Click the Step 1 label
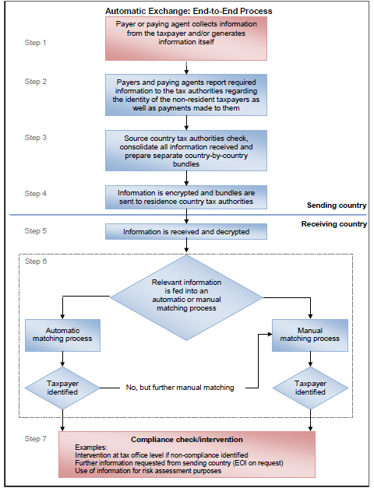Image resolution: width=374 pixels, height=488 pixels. [35, 43]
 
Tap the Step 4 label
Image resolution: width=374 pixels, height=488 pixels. [36, 194]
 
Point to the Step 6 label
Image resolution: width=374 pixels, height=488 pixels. [36, 261]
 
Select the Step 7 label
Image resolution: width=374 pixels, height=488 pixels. [36, 439]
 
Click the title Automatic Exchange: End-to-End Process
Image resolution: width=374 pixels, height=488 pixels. [189, 11]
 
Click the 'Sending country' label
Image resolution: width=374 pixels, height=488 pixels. [337, 205]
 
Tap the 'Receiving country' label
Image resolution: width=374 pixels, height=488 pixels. [334, 224]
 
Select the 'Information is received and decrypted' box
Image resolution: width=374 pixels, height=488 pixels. [186, 232]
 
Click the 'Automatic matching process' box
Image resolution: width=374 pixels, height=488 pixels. [62, 335]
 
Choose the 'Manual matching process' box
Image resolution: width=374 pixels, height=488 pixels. [310, 335]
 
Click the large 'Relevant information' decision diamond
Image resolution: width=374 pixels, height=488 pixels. [186, 297]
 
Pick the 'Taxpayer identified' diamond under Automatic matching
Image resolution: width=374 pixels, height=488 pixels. [62, 388]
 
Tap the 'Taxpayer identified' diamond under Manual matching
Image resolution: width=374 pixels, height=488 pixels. [310, 388]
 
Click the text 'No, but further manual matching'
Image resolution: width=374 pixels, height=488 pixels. [180, 388]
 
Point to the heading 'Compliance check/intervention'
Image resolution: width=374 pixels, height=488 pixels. [187, 440]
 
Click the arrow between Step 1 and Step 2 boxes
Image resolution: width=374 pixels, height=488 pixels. [186, 68]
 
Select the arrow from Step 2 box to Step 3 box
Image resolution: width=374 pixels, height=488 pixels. [186, 123]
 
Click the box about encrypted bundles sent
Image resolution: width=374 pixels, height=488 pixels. [186, 198]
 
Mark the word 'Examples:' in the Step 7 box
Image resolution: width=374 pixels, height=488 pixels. [91, 448]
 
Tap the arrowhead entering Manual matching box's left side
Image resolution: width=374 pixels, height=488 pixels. [270, 334]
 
